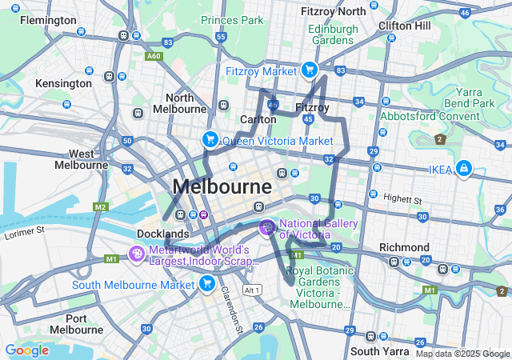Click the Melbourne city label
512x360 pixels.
click(x=222, y=186)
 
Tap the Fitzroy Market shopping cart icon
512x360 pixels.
click(x=308, y=70)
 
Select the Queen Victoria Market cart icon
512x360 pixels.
click(x=210, y=140)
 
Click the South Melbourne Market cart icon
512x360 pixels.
click(x=207, y=284)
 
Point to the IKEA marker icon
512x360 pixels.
click(x=463, y=169)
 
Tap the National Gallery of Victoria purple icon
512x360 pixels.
click(x=266, y=229)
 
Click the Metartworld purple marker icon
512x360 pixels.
click(x=137, y=255)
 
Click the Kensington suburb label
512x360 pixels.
click(x=62, y=83)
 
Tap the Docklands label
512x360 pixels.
click(x=163, y=234)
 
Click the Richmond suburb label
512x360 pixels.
click(x=404, y=247)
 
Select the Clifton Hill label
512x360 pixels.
click(x=406, y=26)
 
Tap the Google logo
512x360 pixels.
click(x=26, y=350)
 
